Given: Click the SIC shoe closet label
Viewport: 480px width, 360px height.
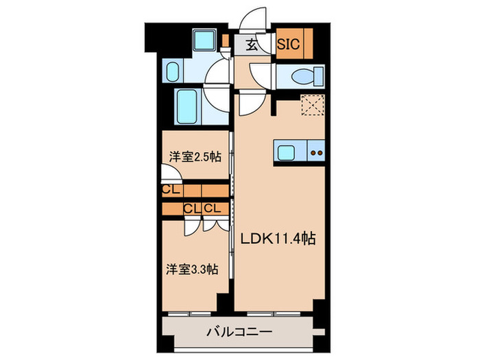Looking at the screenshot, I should pos(288,45).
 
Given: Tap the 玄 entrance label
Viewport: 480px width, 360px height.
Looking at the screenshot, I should pos(252,45).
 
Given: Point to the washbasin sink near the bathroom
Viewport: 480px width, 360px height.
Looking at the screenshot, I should pos(173,71).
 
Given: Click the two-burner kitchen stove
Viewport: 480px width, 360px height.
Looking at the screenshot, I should pos(317,152).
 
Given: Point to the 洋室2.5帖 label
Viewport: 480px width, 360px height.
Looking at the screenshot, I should pos(195,156).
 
